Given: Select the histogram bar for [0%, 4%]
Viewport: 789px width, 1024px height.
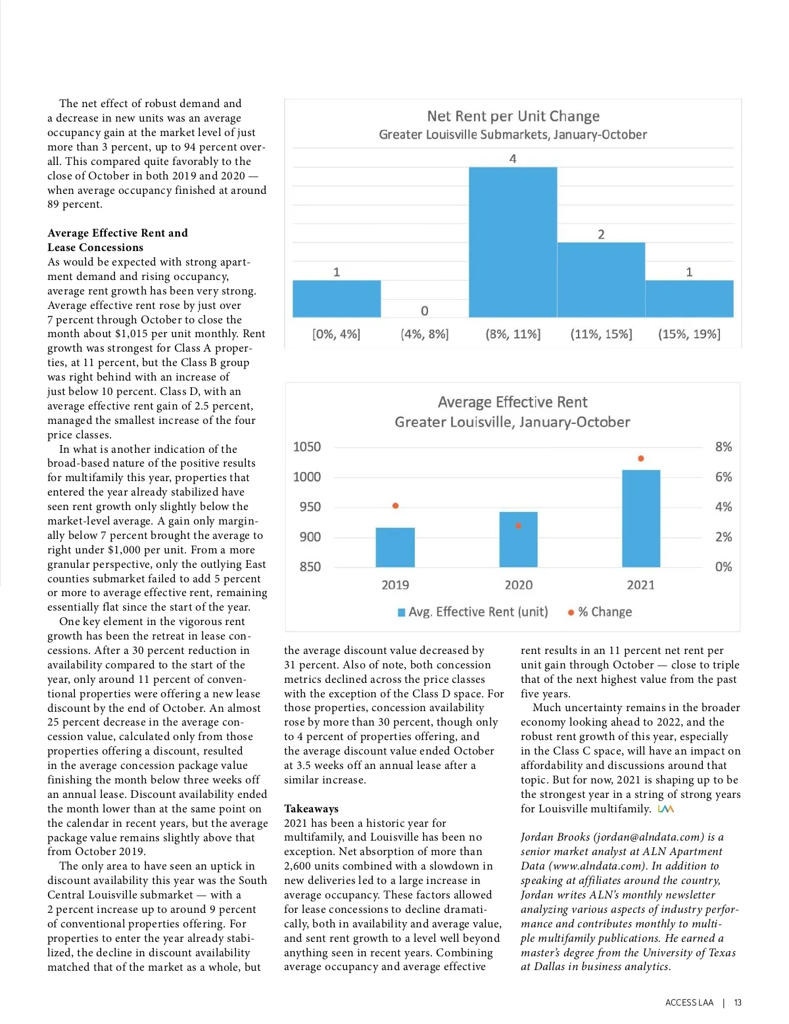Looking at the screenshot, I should click(x=337, y=299).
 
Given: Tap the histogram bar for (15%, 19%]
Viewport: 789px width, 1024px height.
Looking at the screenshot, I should click(x=689, y=299).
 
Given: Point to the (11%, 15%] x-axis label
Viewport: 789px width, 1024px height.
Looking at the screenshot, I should click(x=601, y=334).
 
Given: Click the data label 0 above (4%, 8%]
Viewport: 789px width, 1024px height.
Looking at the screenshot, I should click(x=425, y=311).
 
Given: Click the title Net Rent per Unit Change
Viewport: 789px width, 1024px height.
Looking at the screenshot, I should click(x=513, y=116).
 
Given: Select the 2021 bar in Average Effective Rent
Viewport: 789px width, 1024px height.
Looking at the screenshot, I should click(x=640, y=518).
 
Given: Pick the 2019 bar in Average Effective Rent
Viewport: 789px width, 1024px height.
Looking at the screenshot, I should click(x=395, y=547).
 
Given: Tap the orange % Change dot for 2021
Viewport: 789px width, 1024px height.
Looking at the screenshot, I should click(x=641, y=459).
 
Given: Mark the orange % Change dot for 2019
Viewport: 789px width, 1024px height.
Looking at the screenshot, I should click(x=395, y=505).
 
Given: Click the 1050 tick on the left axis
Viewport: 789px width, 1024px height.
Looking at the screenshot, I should click(x=307, y=447).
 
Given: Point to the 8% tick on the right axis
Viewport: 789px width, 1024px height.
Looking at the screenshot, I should click(x=723, y=447).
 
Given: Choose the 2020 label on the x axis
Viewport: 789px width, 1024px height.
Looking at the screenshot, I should click(x=518, y=585).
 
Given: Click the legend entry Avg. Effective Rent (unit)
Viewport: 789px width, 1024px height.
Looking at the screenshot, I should click(x=473, y=612).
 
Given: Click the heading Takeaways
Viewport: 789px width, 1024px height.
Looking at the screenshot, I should click(x=311, y=808).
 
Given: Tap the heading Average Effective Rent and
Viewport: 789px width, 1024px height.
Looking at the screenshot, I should click(x=117, y=233).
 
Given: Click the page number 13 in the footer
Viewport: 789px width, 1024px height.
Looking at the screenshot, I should click(x=738, y=1002).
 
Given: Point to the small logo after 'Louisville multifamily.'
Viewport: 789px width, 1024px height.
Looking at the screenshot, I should click(x=665, y=808).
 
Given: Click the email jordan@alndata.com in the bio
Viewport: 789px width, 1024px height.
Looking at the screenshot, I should click(x=648, y=837).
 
